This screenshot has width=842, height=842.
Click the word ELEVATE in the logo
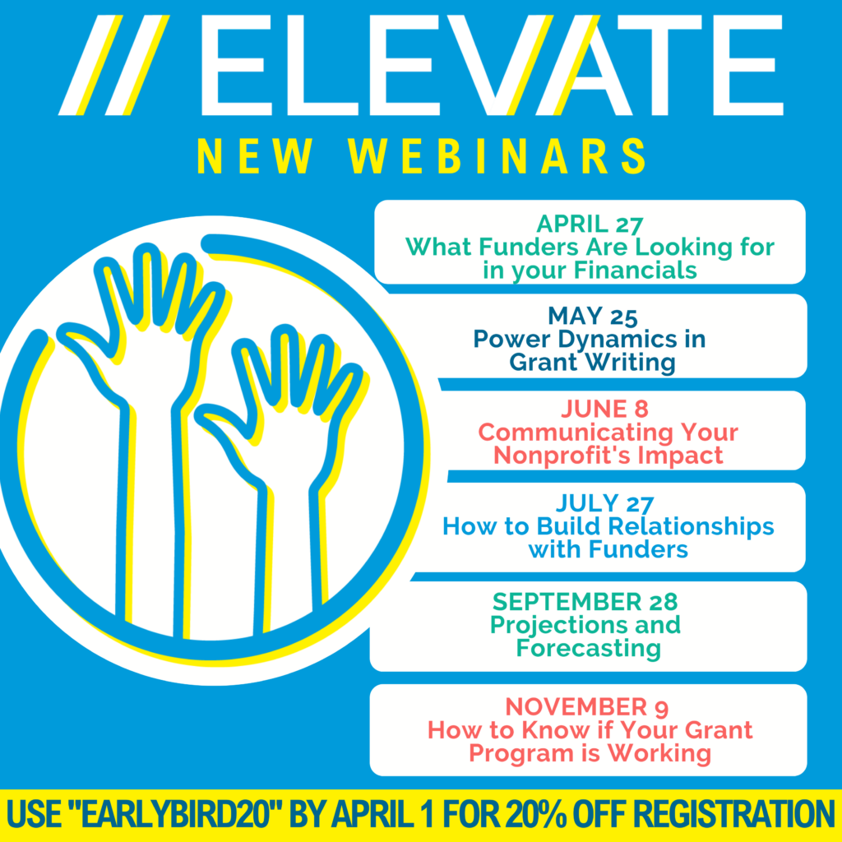[x=492, y=65]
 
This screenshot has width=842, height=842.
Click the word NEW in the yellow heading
[x=256, y=155]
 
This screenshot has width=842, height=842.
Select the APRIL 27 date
[x=590, y=224]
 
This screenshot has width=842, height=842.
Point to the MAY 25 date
[x=592, y=316]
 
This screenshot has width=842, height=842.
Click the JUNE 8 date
[x=605, y=409]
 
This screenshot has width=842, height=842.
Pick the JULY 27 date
[x=604, y=503]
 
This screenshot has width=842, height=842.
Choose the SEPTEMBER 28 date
[x=585, y=602]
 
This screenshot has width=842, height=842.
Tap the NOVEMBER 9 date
[x=587, y=706]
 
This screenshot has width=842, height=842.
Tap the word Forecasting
[x=589, y=648]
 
